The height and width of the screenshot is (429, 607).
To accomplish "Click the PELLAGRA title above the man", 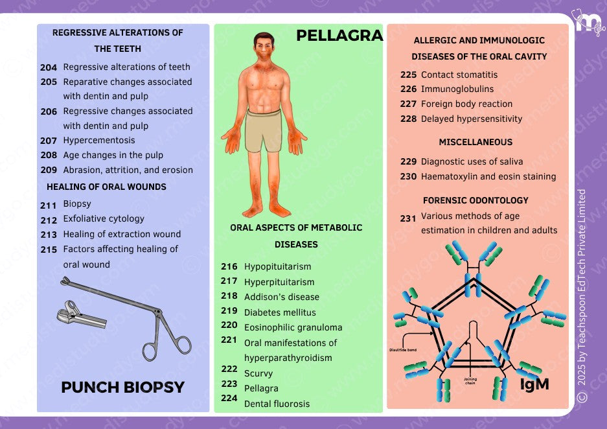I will coord(339,36).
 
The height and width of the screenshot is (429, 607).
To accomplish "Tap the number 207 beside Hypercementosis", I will coord(49,141).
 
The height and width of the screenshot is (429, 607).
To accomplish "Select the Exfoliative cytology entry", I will coord(104,219).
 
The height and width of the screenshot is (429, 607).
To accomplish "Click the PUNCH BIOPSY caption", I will coord(122,388).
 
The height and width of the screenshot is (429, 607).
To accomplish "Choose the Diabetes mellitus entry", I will coord(280,312).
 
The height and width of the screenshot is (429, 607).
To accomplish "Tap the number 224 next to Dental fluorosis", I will coord(229,399).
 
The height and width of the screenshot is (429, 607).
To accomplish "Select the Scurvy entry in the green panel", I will coord(258,373).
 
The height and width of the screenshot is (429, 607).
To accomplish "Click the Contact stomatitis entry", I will coord(459,75).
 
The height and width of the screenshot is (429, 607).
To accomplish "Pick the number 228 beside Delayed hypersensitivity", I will coord(408,119).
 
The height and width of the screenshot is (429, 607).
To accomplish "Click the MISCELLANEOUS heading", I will coord(475,142).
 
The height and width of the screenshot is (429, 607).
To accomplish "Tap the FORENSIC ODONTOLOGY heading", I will coord(475,200).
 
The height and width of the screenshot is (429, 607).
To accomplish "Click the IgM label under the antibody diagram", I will coord(534,384).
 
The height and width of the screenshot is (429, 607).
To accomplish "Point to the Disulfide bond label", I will coord(403,350).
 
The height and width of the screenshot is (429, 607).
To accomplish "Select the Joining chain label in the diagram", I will coord(470,380).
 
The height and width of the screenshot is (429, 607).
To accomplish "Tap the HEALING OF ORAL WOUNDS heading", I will coord(106,187).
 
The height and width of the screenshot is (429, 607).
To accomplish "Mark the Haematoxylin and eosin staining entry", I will coord(488,176).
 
